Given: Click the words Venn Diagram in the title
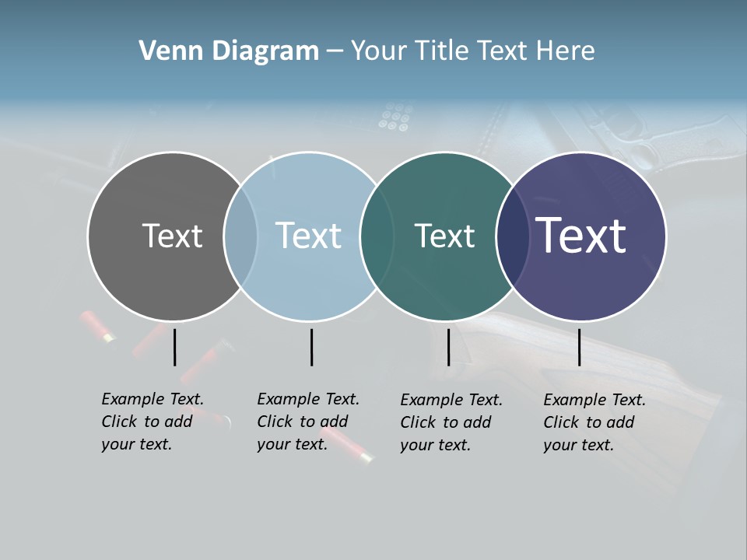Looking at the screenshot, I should click(229, 51).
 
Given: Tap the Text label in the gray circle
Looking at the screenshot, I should click(172, 236).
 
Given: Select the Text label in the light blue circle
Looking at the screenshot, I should click(308, 236).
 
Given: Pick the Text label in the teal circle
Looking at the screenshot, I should click(444, 236).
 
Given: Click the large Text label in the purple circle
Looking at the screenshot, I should click(581, 235).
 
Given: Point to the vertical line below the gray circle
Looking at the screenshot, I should click(174, 347).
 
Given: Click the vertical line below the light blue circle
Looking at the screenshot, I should click(311, 347).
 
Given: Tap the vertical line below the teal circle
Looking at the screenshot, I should click(448, 347).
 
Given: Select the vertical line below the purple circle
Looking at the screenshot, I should click(579, 347).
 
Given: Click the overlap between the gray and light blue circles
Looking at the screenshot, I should click(240, 236).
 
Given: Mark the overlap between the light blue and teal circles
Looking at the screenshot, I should click(377, 236).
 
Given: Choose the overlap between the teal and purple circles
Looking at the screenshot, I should click(512, 236).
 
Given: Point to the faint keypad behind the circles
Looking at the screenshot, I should click(394, 117).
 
